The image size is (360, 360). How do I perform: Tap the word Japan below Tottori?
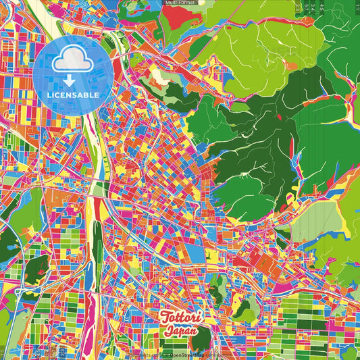click(180, 332)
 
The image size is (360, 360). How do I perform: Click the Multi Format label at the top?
click(179, 3)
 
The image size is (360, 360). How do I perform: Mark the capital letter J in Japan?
click(166, 332)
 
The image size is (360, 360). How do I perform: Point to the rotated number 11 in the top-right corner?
click(356, 5)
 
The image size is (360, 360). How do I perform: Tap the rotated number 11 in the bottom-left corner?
click(3, 354)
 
